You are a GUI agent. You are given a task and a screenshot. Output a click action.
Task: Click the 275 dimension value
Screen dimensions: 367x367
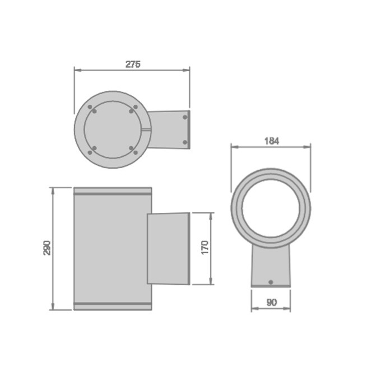pyautogui.click(x=133, y=64)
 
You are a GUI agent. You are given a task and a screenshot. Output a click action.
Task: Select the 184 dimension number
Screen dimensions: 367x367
pyautogui.click(x=272, y=141)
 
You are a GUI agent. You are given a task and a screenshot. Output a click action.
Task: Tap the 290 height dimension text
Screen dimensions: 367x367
pyautogui.click(x=47, y=248)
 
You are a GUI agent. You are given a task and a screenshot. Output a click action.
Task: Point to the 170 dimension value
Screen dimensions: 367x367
pyautogui.click(x=205, y=247)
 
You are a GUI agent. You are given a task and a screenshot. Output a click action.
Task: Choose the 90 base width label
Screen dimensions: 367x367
pyautogui.click(x=272, y=303)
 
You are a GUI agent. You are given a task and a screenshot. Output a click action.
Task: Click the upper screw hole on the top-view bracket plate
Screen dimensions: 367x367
pyautogui.click(x=185, y=117)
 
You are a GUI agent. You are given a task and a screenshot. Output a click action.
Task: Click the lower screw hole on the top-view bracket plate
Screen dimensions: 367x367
pyautogui.click(x=185, y=142)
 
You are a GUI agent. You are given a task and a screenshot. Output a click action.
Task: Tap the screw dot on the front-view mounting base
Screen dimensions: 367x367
pyautogui.click(x=271, y=282)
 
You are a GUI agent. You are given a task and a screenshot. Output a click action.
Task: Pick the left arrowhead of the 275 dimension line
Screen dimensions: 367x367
pyautogui.click(x=78, y=70)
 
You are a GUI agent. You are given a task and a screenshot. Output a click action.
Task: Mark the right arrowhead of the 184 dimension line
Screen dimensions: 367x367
pyautogui.click(x=307, y=147)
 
